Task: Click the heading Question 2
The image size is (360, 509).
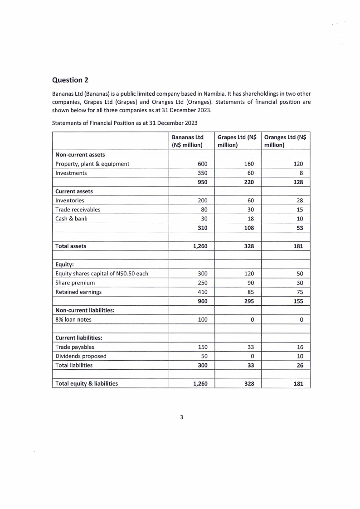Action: (x=70, y=80)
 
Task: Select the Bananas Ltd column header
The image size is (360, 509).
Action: (x=187, y=141)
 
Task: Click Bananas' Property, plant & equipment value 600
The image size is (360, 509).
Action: (x=203, y=164)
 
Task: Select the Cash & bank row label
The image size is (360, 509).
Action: (x=71, y=219)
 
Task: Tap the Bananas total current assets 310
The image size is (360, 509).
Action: (x=202, y=228)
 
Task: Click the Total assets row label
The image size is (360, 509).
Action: (x=71, y=246)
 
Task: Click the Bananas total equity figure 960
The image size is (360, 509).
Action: (x=202, y=301)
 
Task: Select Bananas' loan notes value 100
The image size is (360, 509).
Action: (x=202, y=319)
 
